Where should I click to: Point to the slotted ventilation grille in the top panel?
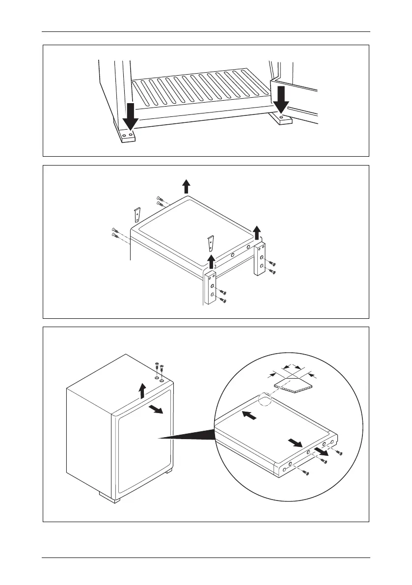pos(201,88)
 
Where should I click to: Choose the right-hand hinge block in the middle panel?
pos(260,259)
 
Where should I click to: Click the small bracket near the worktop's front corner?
pos(211,243)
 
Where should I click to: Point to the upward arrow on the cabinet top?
pos(142,390)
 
